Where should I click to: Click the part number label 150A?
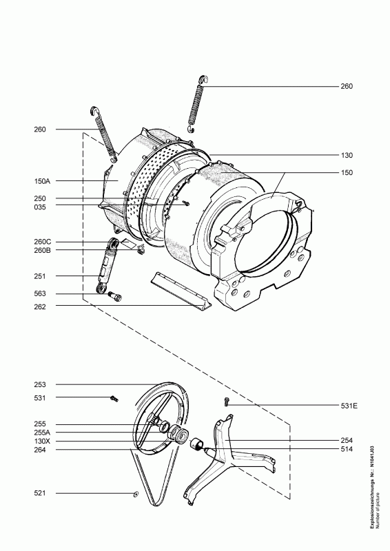pos(42,181)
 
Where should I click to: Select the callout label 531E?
pos(349,406)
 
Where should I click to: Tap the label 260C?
pos(43,242)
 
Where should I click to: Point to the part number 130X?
pos(43,441)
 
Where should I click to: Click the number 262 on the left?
pos(40,306)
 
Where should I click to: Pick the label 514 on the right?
pos(347,449)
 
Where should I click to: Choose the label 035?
pos(40,207)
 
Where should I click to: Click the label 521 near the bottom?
pos(40,493)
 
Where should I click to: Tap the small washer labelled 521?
pos(136,495)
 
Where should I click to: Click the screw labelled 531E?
pos(227,402)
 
